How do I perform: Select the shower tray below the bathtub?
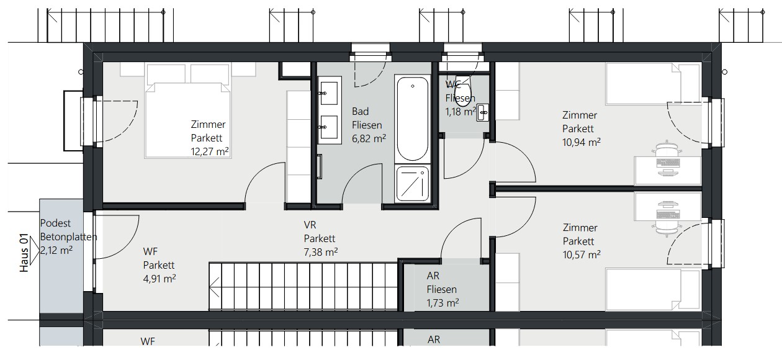412,184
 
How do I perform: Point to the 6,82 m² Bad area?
369,138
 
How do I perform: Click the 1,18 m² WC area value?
460,112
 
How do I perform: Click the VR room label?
310,225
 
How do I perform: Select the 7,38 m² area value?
320,252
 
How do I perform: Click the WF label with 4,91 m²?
150,251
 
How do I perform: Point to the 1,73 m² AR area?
443,303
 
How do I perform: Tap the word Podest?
54,223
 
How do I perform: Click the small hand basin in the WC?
483,114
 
